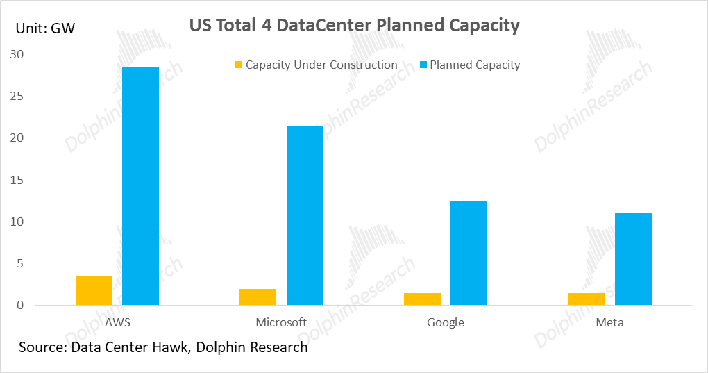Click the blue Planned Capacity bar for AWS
click(140, 186)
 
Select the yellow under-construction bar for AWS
click(94, 290)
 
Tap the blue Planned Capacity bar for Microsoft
click(305, 215)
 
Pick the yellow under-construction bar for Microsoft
click(258, 297)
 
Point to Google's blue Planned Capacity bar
click(469, 253)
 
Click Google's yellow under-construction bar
click(422, 299)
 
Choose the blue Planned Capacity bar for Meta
click(633, 259)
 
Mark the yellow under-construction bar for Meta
click(586, 299)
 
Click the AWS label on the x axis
click(117, 322)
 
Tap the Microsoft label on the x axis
click(281, 322)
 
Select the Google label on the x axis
click(446, 322)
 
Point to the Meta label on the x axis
click(609, 322)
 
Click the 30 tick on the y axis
click(17, 54)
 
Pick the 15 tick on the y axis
click(17, 180)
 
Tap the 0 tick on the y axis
click(20, 306)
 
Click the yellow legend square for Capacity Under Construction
click(239, 65)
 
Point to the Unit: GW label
click(45, 28)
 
